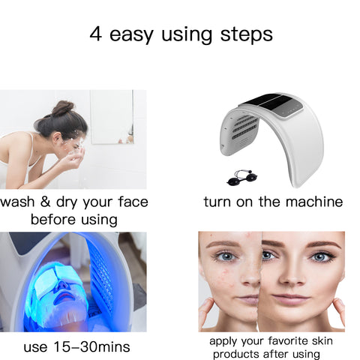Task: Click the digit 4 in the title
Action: [x=96, y=34]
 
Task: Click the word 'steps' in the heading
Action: [x=246, y=34]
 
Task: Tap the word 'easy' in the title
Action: [x=131, y=36]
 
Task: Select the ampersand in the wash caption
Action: [x=45, y=202]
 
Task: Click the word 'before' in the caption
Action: [x=53, y=220]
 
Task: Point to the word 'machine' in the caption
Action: [x=314, y=202]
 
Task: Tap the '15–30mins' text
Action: [x=91, y=346]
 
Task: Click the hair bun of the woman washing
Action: [x=63, y=108]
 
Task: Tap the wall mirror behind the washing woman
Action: [x=112, y=117]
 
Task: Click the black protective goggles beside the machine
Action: [x=242, y=178]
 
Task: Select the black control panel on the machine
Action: [x=271, y=105]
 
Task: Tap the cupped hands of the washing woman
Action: [x=73, y=160]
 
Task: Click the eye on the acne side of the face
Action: [x=226, y=256]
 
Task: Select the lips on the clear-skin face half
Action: [x=286, y=298]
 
